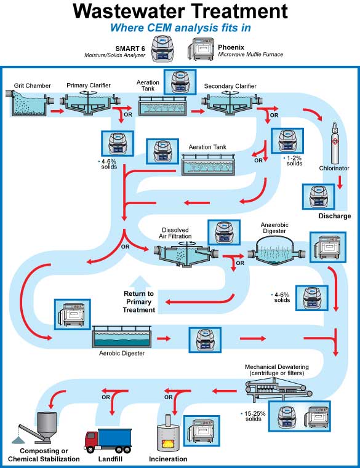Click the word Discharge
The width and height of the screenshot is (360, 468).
coord(334,216)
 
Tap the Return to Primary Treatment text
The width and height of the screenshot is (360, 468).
coord(139,301)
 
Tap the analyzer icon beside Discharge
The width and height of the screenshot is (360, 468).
coord(319,197)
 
